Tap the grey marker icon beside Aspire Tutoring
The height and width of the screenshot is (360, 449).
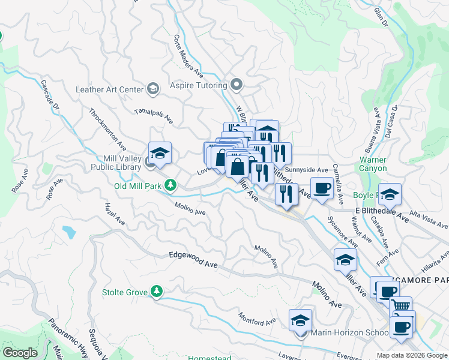point(237,85)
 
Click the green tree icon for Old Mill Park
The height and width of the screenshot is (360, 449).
point(171,185)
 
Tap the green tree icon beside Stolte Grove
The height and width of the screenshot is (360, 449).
point(157,292)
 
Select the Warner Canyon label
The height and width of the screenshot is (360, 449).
point(373,164)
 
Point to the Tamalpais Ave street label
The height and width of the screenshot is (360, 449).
point(153,116)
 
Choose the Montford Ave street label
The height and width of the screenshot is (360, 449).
point(256,318)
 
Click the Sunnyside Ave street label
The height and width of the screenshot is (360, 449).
point(310,170)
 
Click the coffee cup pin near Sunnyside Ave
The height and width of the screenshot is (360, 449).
point(321,187)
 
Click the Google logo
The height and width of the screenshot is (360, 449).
point(20,353)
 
